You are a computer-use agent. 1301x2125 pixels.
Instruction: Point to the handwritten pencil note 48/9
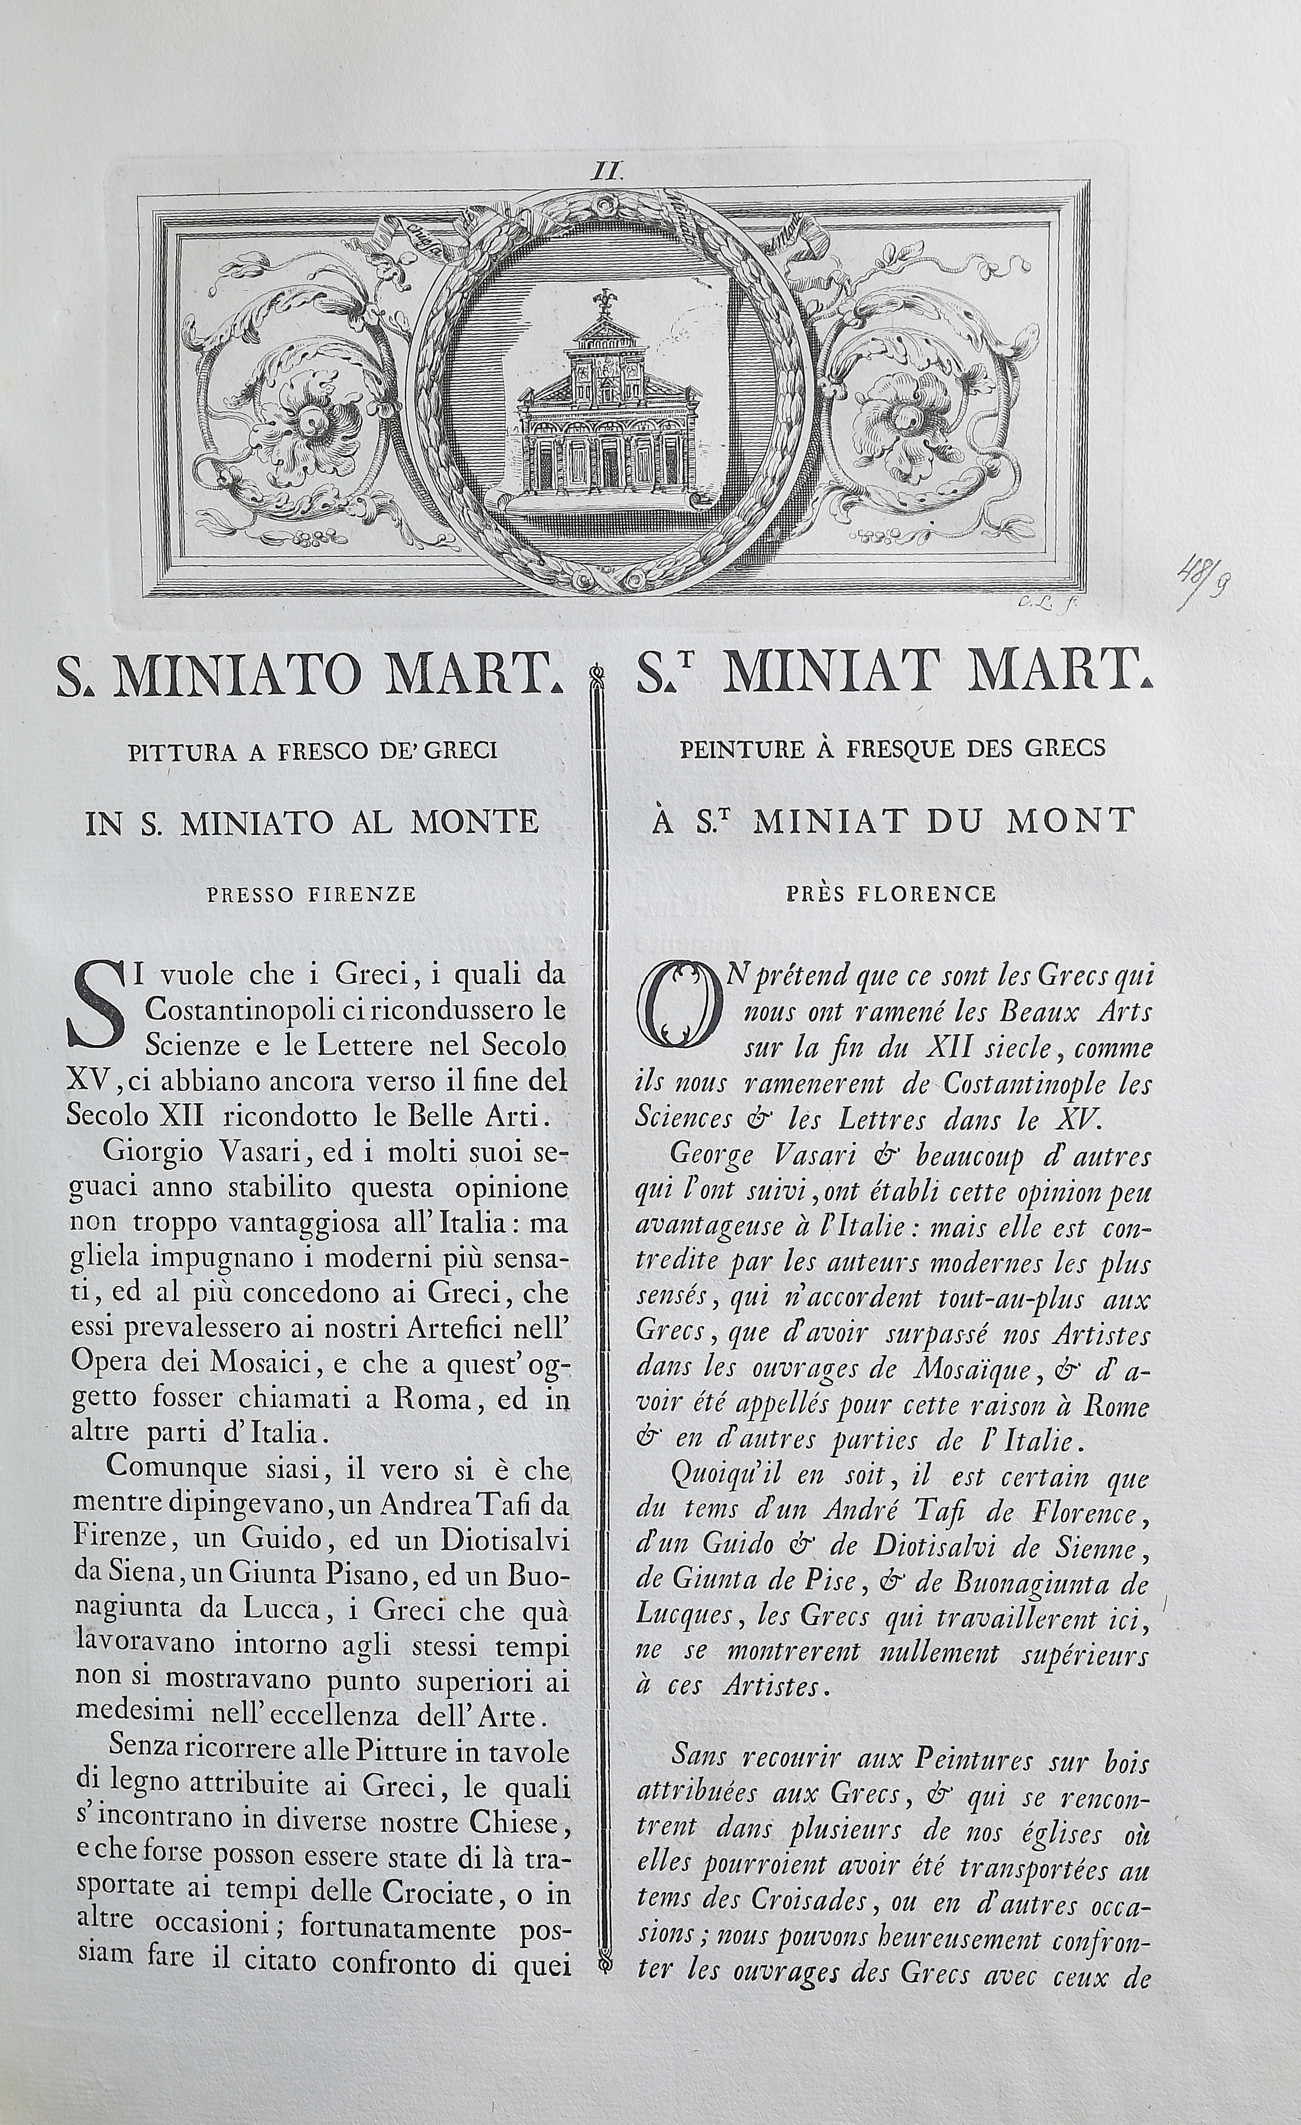click(x=1204, y=591)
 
